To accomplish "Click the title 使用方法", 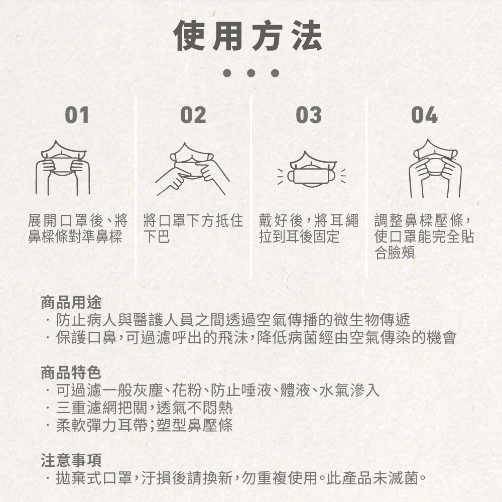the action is (x=248, y=36).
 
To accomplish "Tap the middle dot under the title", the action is (x=251, y=73).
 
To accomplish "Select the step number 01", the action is (x=77, y=115).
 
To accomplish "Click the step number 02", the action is (x=193, y=115).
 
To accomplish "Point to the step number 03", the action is (x=309, y=115).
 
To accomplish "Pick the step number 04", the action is (x=424, y=115).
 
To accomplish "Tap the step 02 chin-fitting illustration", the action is (x=192, y=169).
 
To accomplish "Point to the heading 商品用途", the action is (x=71, y=302).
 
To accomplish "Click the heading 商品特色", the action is (x=71, y=372).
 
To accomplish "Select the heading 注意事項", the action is (x=71, y=460).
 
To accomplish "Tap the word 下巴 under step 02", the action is (x=156, y=236).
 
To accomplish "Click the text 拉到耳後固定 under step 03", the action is (x=299, y=236).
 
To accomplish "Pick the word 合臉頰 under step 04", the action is (x=395, y=253).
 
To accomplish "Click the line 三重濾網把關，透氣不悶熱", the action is (x=145, y=408).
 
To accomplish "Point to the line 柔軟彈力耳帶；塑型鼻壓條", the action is (x=145, y=425).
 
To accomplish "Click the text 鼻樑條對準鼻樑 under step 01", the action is (x=75, y=236).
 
